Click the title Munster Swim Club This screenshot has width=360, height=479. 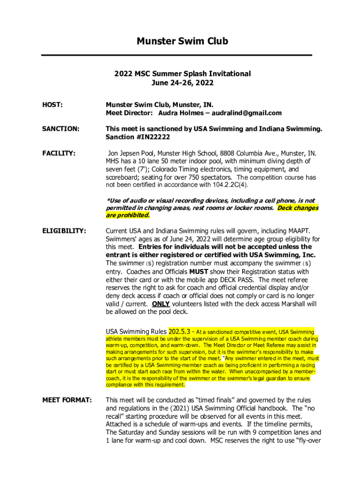tap(182, 42)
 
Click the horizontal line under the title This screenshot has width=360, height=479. tap(177, 55)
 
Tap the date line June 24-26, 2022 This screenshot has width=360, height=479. tap(182, 83)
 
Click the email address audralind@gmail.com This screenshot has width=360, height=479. tap(247, 113)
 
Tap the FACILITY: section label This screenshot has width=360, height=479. tap(59, 153)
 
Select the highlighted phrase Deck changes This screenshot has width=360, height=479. tap(298, 208)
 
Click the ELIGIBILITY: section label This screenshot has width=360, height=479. tap(64, 231)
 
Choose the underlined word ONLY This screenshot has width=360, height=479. tap(161, 304)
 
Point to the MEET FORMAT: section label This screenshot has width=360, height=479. tap(67, 400)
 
